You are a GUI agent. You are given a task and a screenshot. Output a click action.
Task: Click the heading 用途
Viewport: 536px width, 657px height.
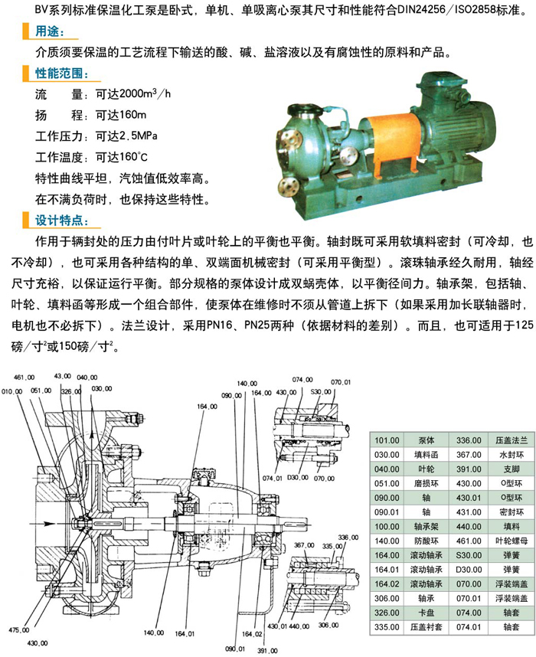pyautogui.click(x=50, y=31)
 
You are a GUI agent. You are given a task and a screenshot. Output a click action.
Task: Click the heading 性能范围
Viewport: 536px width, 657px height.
pyautogui.click(x=61, y=74)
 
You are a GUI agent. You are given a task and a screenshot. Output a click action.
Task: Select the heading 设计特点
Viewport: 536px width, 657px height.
pyautogui.click(x=61, y=221)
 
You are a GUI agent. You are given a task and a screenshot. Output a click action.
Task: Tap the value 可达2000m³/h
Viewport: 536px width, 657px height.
pyautogui.click(x=133, y=93)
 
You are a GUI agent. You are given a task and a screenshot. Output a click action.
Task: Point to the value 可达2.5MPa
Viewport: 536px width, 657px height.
pyautogui.click(x=126, y=136)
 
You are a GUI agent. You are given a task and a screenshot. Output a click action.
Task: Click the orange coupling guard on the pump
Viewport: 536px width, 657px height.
pyautogui.click(x=391, y=139)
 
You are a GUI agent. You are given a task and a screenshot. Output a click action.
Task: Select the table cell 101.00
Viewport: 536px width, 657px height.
pyautogui.click(x=387, y=440)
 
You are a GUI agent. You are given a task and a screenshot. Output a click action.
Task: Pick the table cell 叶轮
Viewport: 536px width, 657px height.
pyautogui.click(x=427, y=469)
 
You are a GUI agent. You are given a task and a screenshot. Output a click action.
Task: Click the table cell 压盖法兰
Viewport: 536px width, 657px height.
pyautogui.click(x=511, y=440)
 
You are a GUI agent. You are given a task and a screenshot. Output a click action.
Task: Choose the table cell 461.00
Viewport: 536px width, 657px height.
pyautogui.click(x=469, y=541)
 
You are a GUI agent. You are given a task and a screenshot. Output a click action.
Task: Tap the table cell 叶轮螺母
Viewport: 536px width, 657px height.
pyautogui.click(x=511, y=541)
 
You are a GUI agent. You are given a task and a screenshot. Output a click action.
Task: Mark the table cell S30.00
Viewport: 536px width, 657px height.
pyautogui.click(x=469, y=555)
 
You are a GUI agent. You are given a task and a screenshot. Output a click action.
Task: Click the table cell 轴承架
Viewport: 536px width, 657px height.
pyautogui.click(x=427, y=527)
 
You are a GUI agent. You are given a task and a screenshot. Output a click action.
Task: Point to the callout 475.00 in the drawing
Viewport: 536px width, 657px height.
pyautogui.click(x=19, y=629)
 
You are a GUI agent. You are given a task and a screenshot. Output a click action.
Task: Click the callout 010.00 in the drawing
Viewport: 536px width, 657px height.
pyautogui.click(x=11, y=391)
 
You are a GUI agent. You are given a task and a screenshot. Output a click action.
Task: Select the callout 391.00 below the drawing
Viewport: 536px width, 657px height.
pyautogui.click(x=267, y=651)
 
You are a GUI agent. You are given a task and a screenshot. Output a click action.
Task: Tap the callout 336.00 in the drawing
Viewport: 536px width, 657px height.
pyautogui.click(x=348, y=538)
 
